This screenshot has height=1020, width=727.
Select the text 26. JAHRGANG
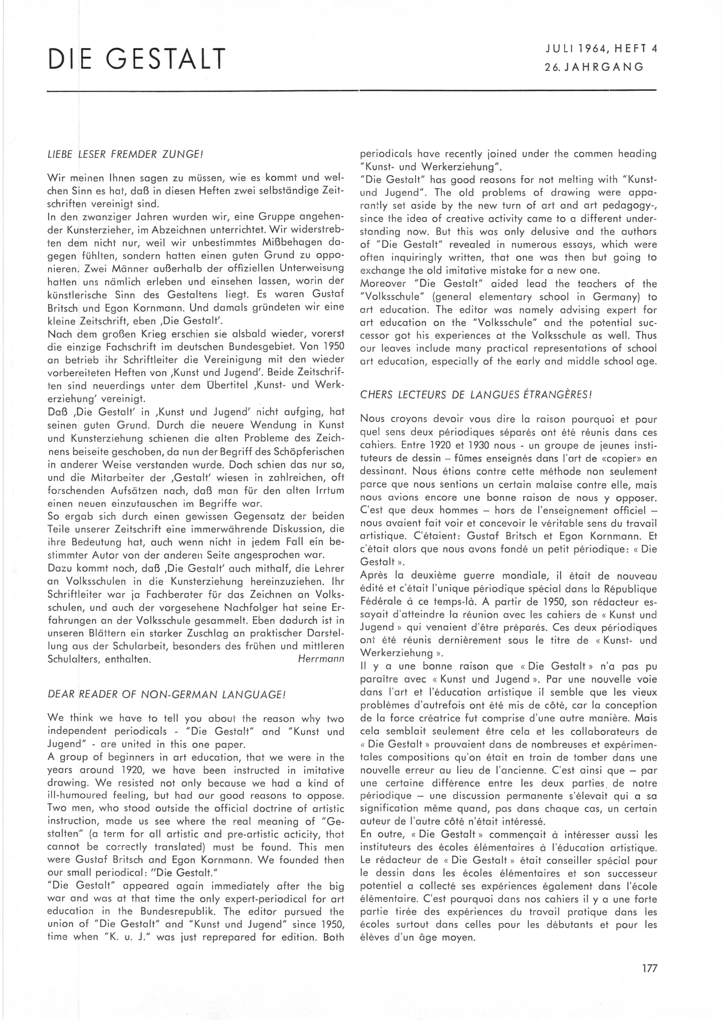(594, 67)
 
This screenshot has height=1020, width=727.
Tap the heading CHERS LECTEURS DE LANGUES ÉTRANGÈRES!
(477, 395)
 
